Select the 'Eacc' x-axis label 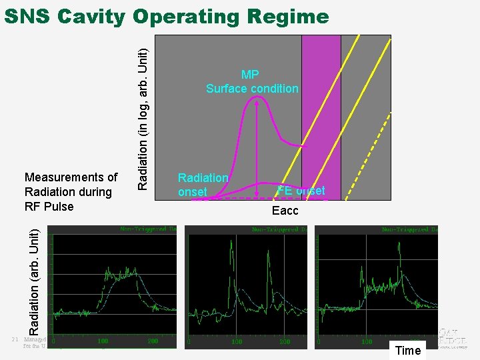click(x=285, y=211)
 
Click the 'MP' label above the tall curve click(x=250, y=75)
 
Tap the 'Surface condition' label click(x=252, y=89)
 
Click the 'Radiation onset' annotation click(x=203, y=185)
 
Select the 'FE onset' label click(x=301, y=191)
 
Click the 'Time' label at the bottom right click(x=408, y=351)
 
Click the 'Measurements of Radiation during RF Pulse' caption click(x=70, y=191)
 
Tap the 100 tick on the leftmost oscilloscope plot click(x=103, y=341)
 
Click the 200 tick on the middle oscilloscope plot click(x=285, y=341)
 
